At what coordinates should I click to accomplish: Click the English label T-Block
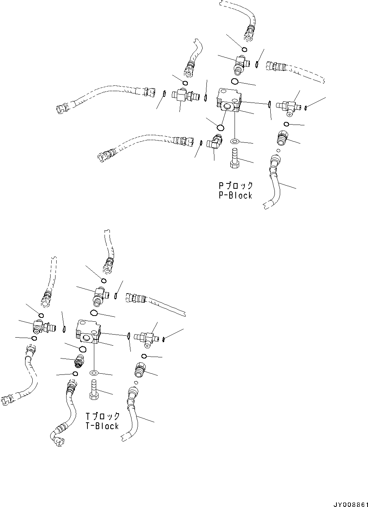coord(102,426)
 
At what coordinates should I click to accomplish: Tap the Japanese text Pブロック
coord(235,186)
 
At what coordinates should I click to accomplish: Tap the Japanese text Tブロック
coord(102,416)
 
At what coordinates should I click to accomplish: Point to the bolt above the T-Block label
coord(94,390)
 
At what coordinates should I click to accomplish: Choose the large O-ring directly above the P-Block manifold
coord(235,81)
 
